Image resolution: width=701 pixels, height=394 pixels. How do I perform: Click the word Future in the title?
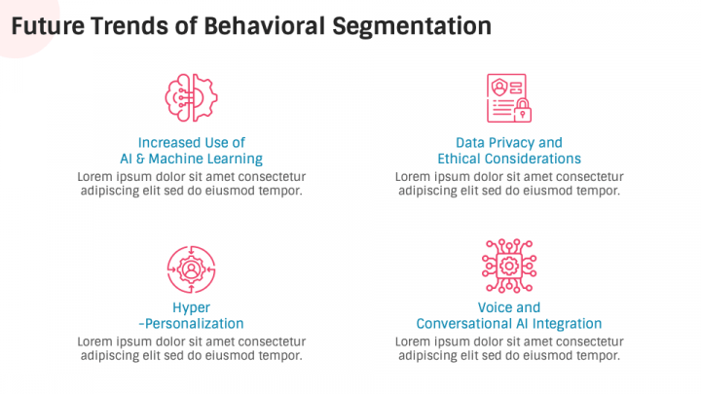48,26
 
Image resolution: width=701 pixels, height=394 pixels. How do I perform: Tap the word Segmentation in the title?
412,27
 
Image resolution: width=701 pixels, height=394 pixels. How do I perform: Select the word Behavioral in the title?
264,26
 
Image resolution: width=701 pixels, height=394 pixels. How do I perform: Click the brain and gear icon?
192,98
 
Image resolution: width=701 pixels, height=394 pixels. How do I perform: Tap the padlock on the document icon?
522,110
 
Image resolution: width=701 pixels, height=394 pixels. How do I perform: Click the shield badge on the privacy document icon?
498,88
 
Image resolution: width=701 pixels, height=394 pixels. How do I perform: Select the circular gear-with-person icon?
192,269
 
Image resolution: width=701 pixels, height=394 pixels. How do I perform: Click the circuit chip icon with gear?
509,266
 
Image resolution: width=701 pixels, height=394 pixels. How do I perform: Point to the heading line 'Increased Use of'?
192,142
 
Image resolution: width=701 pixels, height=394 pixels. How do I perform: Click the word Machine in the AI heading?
176,159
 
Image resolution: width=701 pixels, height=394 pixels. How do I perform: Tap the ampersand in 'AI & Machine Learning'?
140,159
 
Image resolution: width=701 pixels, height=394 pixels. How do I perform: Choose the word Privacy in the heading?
512,143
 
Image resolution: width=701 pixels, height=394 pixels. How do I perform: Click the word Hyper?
192,308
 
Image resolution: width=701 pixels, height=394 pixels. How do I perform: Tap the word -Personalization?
192,323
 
